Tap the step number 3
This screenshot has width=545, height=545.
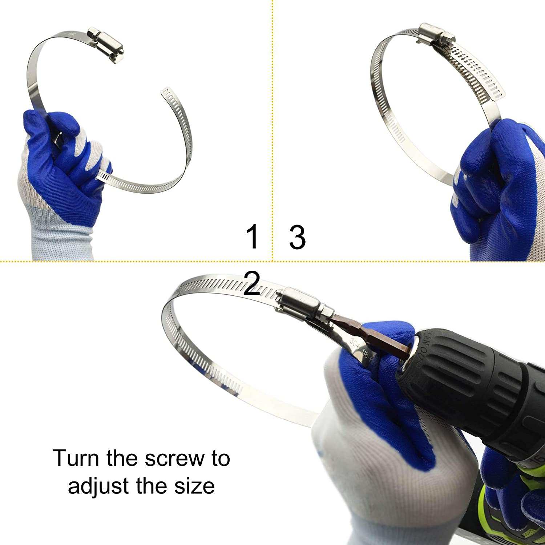tap(297, 237)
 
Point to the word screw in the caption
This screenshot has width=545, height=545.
tap(163, 459)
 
